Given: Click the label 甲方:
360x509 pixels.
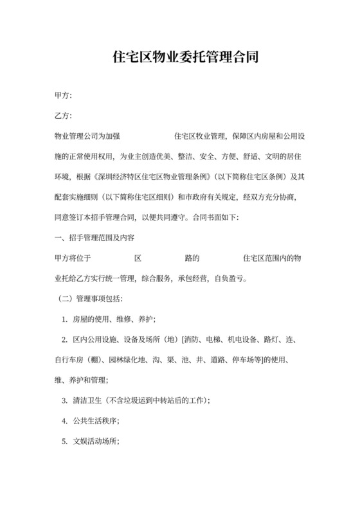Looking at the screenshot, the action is (x=64, y=96).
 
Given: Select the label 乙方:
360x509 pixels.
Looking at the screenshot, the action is (x=64, y=116).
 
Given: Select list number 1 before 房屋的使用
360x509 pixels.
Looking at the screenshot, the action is (x=65, y=319).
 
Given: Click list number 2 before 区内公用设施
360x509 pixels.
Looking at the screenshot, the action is (x=65, y=339).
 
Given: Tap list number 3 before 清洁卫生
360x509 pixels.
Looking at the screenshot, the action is (x=65, y=400).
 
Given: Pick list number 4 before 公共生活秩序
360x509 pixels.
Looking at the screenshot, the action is (x=65, y=420).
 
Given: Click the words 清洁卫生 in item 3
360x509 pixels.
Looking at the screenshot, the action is (x=87, y=400).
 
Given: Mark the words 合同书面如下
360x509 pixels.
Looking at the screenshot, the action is (x=214, y=217).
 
